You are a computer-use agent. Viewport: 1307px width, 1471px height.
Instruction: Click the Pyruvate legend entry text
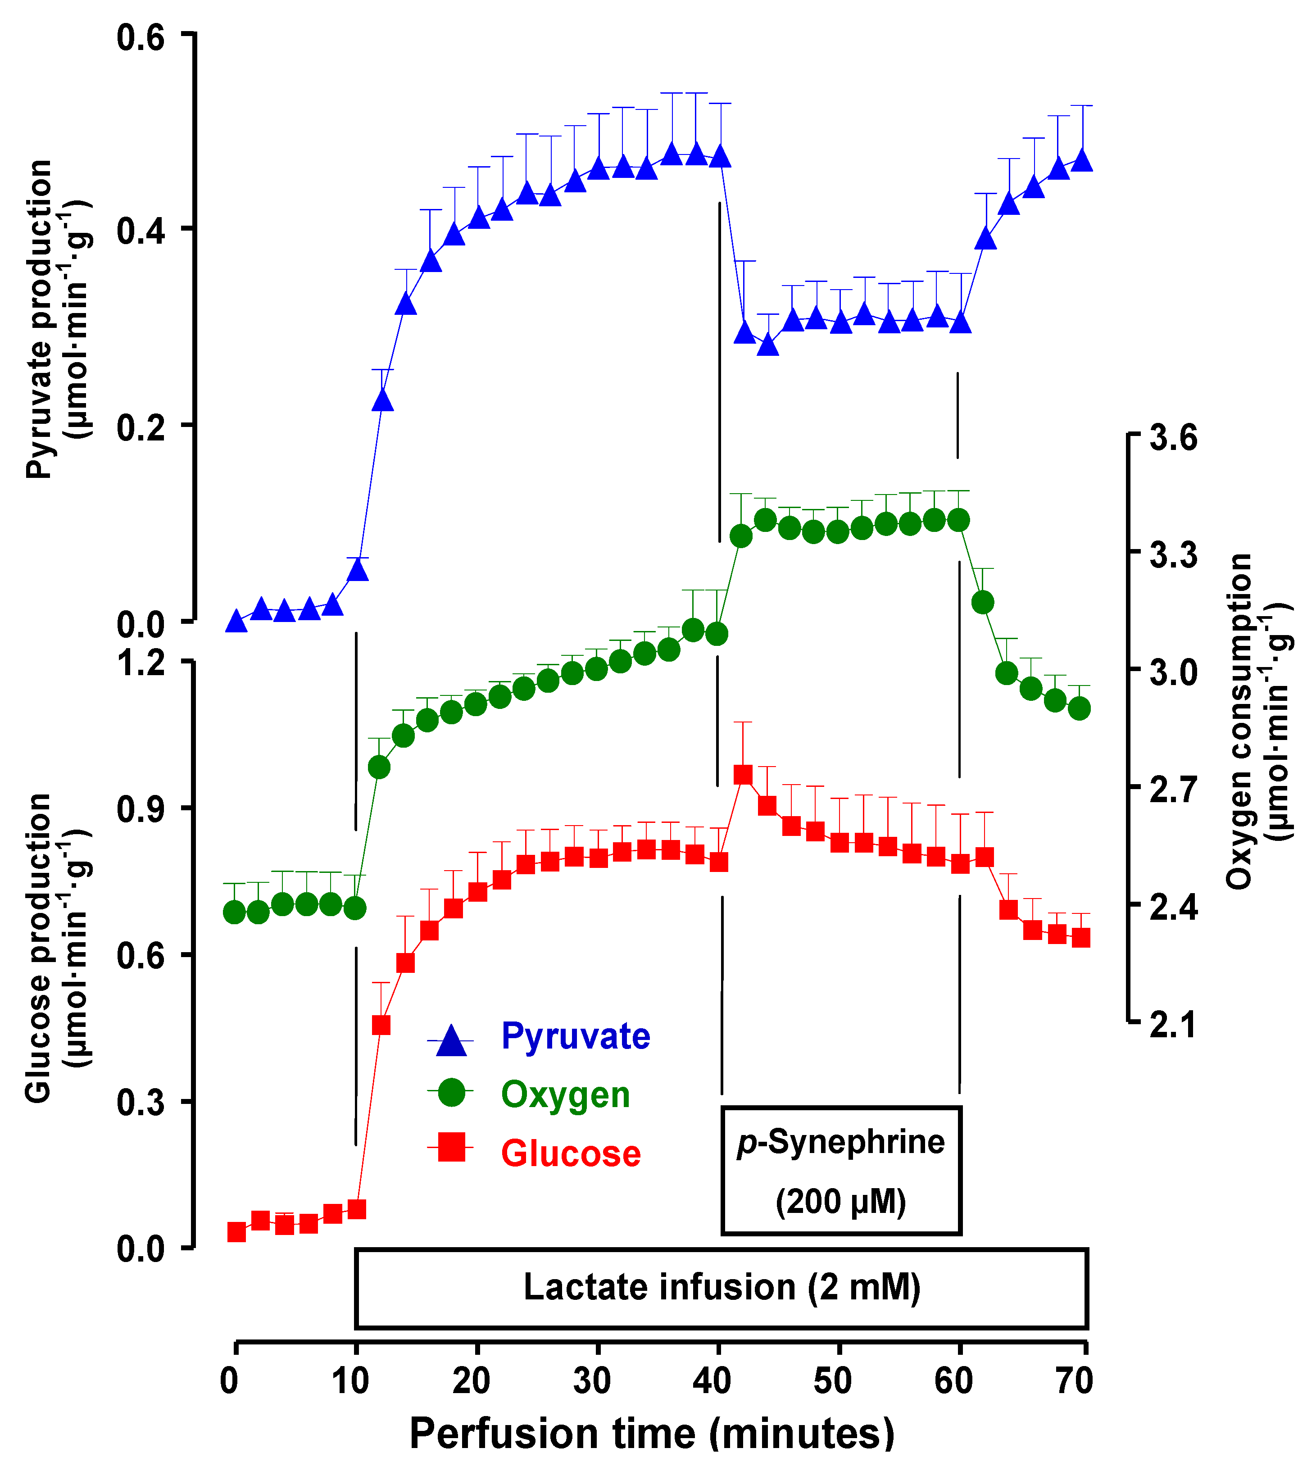[x=575, y=1037]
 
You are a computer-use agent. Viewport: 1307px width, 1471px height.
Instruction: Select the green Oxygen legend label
[x=565, y=1095]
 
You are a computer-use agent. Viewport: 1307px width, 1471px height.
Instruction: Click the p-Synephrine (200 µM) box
[x=840, y=1171]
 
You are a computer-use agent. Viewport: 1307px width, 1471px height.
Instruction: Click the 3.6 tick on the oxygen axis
[x=1173, y=437]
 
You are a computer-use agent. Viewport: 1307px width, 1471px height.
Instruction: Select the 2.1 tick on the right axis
[x=1173, y=1025]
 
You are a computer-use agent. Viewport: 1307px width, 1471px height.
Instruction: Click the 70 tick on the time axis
[x=1075, y=1381]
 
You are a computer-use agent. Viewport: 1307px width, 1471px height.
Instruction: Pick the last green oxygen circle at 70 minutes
[x=1079, y=709]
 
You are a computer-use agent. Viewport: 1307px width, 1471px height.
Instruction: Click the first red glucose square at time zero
[x=236, y=1232]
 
